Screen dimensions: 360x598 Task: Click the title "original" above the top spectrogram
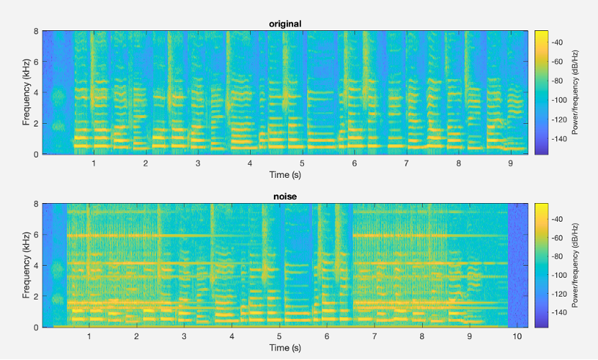click(x=285, y=24)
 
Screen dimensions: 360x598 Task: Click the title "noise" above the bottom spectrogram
click(x=285, y=196)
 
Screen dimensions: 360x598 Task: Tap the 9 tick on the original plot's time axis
click(x=510, y=164)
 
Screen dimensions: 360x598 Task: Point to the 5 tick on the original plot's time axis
click(x=303, y=164)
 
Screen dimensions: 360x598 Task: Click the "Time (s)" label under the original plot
click(x=285, y=174)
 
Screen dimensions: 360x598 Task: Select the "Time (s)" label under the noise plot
click(x=285, y=347)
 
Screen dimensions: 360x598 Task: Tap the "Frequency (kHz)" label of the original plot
click(x=22, y=93)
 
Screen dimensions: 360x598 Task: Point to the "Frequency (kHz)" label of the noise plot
click(x=22, y=265)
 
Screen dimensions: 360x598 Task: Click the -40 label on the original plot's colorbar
click(x=558, y=43)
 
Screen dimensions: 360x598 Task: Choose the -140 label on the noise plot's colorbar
click(x=559, y=313)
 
